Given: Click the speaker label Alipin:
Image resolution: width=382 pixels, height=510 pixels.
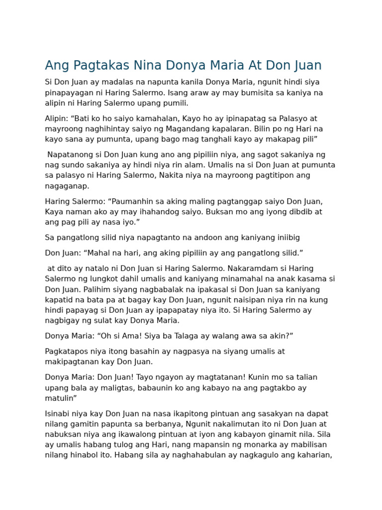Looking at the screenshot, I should click(57, 119).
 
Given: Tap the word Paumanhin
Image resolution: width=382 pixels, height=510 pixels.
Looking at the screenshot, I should click(136, 201).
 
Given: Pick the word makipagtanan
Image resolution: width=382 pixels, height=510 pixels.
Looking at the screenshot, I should click(69, 362).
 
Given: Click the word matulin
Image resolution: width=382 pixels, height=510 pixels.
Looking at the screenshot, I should click(59, 398).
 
